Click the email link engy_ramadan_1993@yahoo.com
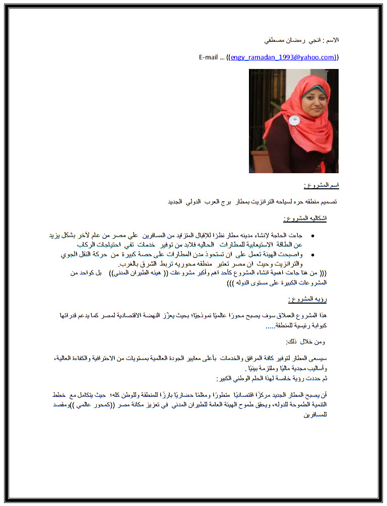pos(283,57)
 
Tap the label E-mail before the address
pos(208,57)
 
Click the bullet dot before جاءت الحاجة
pos(313,236)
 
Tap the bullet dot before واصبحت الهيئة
pos(313,255)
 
